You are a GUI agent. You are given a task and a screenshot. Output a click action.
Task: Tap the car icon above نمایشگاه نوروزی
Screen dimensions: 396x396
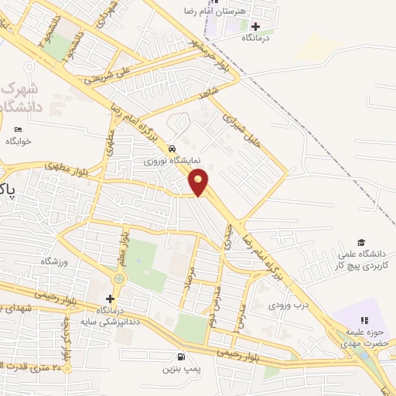(x=171, y=148)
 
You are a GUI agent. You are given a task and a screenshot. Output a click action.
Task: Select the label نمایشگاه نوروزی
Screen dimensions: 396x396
(x=172, y=162)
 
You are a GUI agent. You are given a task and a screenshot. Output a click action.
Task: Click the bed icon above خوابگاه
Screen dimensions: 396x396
(x=18, y=128)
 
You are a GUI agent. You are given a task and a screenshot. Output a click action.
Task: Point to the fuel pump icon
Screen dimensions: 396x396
(x=181, y=357)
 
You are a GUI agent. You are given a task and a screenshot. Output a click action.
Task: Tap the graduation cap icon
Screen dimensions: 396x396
(x=361, y=241)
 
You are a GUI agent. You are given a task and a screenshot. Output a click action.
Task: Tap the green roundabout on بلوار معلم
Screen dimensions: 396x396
(x=118, y=278)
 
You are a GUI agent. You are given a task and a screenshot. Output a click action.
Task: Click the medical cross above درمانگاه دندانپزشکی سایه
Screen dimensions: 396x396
(x=111, y=299)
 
